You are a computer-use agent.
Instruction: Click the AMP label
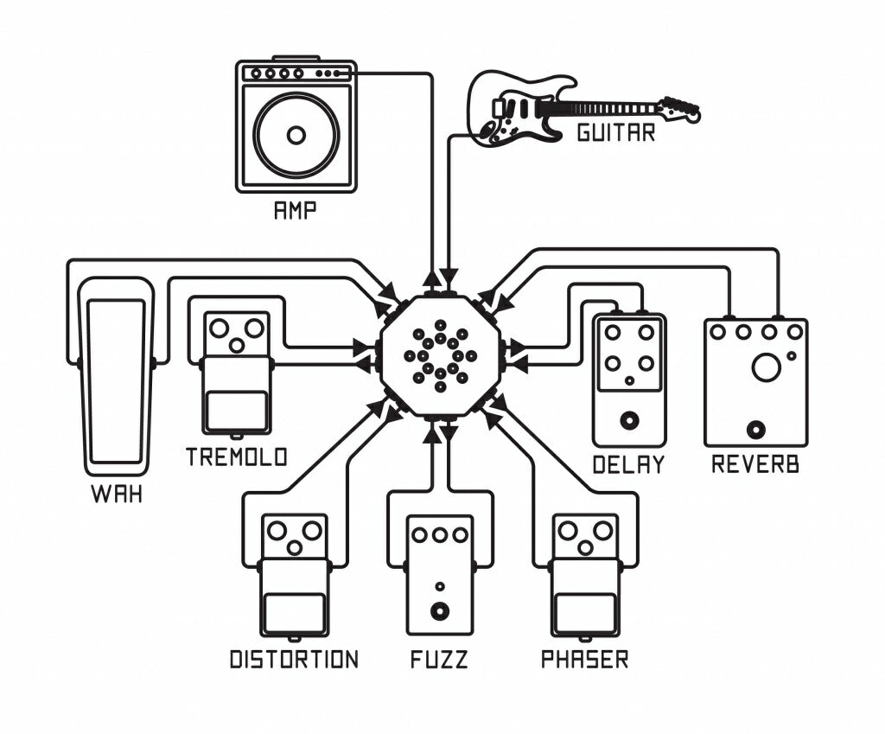(x=295, y=211)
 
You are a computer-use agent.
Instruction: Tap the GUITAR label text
(x=616, y=133)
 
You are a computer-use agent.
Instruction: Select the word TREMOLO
(x=236, y=456)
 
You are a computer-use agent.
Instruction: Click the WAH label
(x=117, y=496)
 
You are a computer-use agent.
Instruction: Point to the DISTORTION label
(x=294, y=660)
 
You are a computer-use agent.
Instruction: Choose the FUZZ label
(x=439, y=660)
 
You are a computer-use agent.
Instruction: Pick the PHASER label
(x=584, y=660)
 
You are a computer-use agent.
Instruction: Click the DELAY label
(x=628, y=464)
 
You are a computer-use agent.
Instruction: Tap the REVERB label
(x=755, y=464)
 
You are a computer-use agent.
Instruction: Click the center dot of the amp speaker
(x=296, y=136)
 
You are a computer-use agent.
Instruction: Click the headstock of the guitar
(x=680, y=109)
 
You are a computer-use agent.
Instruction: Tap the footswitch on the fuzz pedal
(x=440, y=612)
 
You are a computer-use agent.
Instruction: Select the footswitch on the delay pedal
(x=629, y=421)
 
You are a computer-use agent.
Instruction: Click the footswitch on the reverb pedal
(x=757, y=429)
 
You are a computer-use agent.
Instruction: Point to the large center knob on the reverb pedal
(x=766, y=367)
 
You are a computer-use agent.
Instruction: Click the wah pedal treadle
(x=116, y=380)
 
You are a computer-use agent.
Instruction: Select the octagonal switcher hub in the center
(x=441, y=355)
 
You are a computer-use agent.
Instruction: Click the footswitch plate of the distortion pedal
(x=295, y=613)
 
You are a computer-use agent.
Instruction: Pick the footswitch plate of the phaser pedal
(x=585, y=613)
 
